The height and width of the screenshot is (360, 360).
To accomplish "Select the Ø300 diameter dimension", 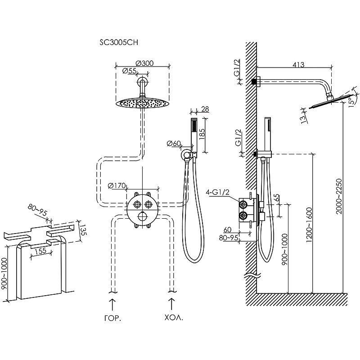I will [144, 63].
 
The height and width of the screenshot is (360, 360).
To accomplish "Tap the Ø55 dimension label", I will [130, 71].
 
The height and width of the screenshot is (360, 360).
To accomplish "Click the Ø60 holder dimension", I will [174, 144].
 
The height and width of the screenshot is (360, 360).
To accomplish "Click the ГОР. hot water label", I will [112, 317].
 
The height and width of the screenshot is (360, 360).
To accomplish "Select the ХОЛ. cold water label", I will [171, 317].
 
